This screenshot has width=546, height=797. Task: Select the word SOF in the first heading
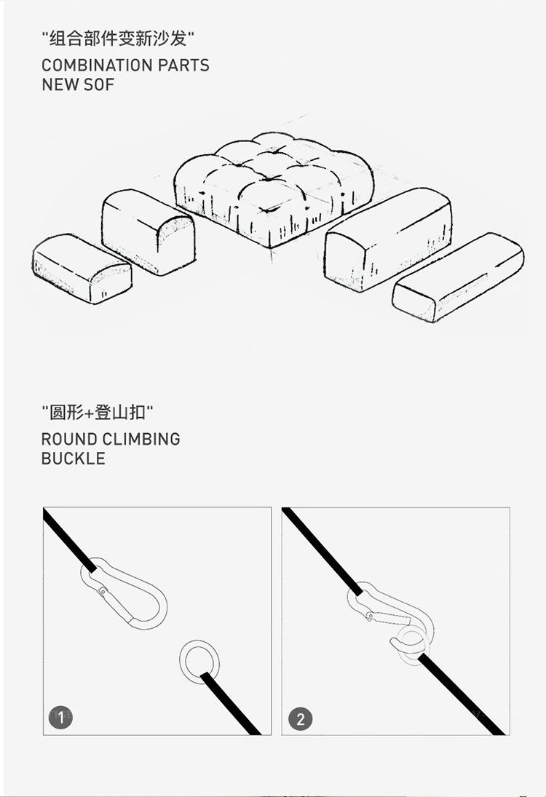click(99, 84)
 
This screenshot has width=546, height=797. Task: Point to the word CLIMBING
click(141, 439)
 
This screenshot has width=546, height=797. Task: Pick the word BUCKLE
click(73, 459)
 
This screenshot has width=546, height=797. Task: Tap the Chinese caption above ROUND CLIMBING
click(98, 413)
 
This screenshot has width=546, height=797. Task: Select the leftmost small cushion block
click(81, 268)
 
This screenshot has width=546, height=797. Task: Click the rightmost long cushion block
click(459, 277)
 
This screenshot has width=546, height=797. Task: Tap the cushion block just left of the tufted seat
click(148, 231)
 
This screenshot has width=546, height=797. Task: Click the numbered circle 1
click(61, 718)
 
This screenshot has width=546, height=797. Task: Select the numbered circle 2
click(300, 719)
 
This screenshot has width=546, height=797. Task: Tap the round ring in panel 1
click(199, 662)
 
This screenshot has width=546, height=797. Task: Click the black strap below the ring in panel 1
click(231, 704)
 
